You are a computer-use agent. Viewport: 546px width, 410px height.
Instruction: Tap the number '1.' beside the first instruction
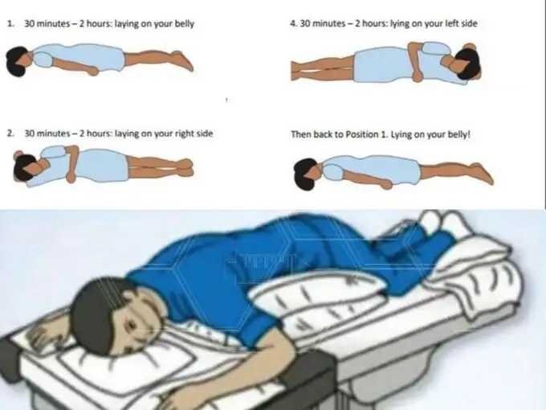[10, 23]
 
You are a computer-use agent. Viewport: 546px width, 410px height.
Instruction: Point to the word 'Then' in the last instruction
[300, 134]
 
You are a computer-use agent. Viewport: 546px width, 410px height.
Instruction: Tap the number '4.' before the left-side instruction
[294, 23]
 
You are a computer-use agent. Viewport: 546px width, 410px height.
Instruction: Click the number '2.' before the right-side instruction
[10, 133]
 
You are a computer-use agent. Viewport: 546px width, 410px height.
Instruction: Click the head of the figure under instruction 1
[18, 61]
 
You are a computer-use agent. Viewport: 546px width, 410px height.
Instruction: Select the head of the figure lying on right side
[25, 166]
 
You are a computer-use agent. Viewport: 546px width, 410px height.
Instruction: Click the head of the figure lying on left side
[467, 63]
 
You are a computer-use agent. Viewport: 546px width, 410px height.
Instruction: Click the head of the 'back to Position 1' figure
[307, 174]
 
